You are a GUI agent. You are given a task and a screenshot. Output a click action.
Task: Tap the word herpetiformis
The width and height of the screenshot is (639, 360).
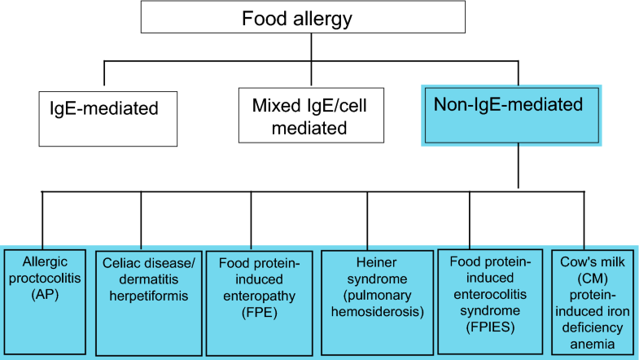(x=142, y=294)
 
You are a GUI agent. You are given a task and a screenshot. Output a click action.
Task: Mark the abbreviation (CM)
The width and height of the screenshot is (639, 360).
(x=591, y=279)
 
